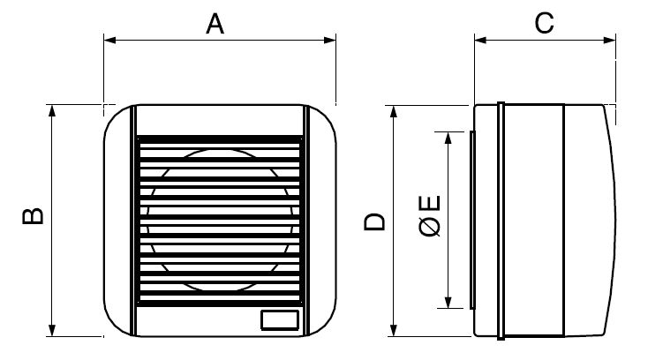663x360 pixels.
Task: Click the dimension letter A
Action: coord(215,24)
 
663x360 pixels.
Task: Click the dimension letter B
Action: coord(33,216)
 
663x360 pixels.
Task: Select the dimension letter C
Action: coord(544,23)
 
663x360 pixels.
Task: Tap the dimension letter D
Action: coord(374,222)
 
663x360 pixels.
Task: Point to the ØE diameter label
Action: coord(430,215)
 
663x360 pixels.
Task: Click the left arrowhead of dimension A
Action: coord(110,40)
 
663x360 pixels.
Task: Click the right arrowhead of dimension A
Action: coord(330,40)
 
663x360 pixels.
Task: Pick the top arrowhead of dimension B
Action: coord(52,110)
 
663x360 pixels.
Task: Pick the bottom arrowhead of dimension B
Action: coord(52,330)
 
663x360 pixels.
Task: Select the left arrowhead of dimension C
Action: coord(481,40)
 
